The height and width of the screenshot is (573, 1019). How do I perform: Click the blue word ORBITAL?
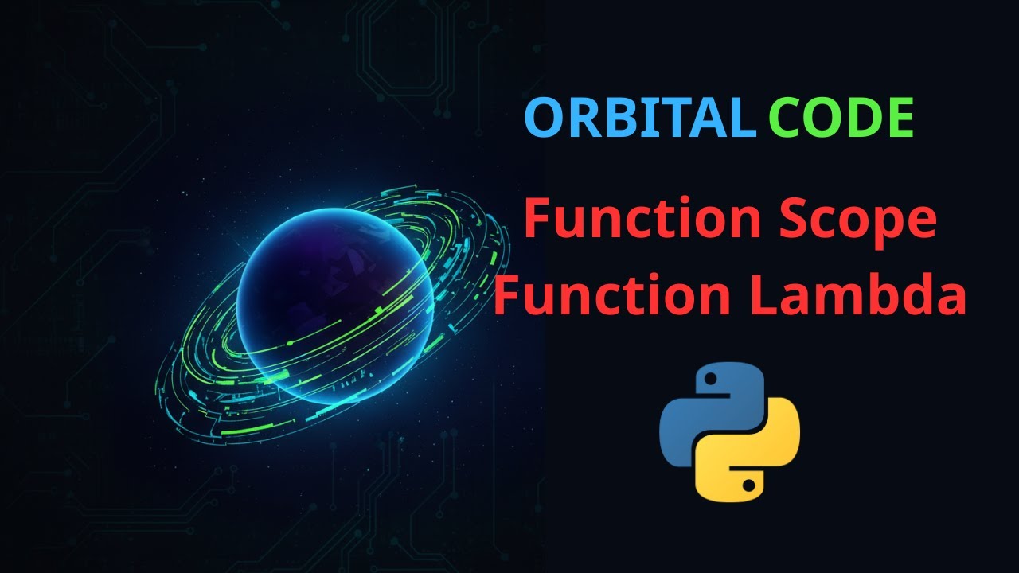639,118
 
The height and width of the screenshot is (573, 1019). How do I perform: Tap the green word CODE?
841,118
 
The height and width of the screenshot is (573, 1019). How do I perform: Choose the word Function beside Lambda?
613,296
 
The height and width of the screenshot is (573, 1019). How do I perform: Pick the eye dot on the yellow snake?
749,483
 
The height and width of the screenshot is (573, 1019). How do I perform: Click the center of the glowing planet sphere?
334,306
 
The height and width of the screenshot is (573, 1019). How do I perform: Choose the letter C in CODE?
784,118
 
